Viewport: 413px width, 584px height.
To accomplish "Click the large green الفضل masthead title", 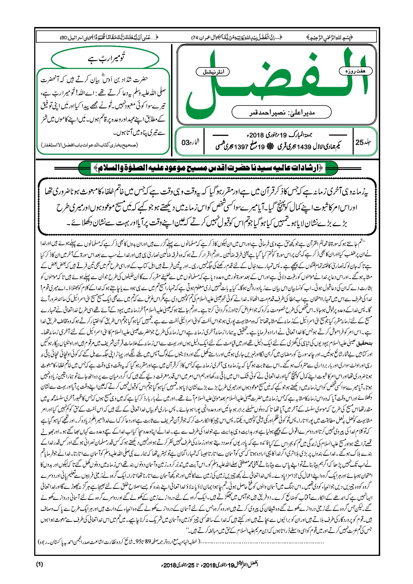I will (276, 83).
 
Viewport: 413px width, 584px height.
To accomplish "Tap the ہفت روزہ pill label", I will (355, 71).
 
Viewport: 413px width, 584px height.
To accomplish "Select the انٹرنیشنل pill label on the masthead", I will (214, 72).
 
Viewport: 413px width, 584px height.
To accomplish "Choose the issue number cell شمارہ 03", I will (190, 142).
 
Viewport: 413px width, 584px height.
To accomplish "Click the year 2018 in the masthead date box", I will (257, 135).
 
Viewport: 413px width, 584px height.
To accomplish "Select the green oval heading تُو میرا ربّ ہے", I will (105, 59).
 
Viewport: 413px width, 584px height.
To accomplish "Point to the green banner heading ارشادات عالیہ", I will (208, 168).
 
